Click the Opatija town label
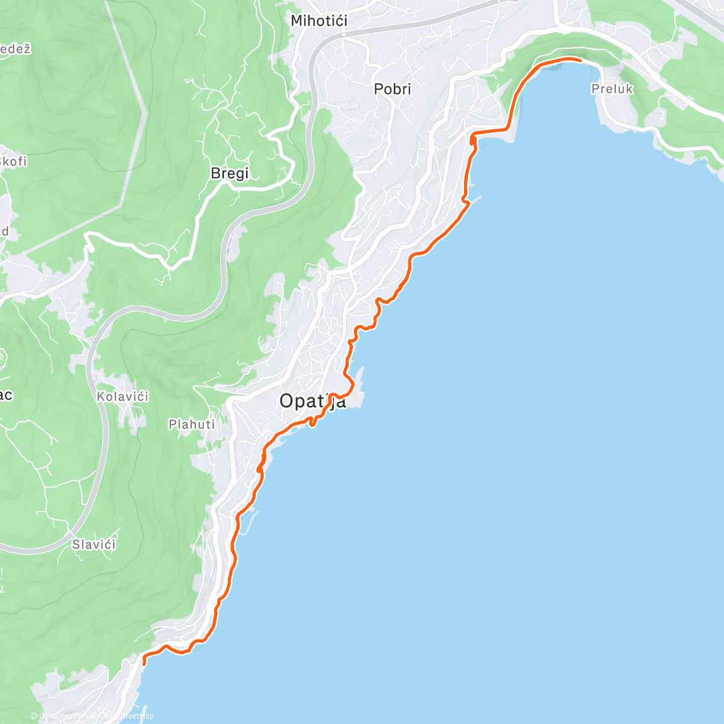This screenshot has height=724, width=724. [x=313, y=401]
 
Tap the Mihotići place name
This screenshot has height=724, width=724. [x=319, y=21]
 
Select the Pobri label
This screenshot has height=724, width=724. [x=392, y=89]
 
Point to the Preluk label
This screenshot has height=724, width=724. [x=612, y=89]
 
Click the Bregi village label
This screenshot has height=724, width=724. [x=229, y=174]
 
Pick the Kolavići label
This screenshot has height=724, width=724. [x=122, y=397]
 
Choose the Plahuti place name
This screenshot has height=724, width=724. [x=191, y=425]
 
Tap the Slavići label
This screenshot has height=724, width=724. [x=94, y=545]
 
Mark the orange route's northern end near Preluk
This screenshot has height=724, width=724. [x=580, y=60]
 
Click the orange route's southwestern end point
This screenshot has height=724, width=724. [x=144, y=662]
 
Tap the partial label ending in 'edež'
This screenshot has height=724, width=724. [x=14, y=49]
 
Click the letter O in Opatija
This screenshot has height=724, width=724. [x=287, y=401]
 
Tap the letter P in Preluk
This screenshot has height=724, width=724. [x=595, y=89]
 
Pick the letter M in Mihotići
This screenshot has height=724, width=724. [x=296, y=21]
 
